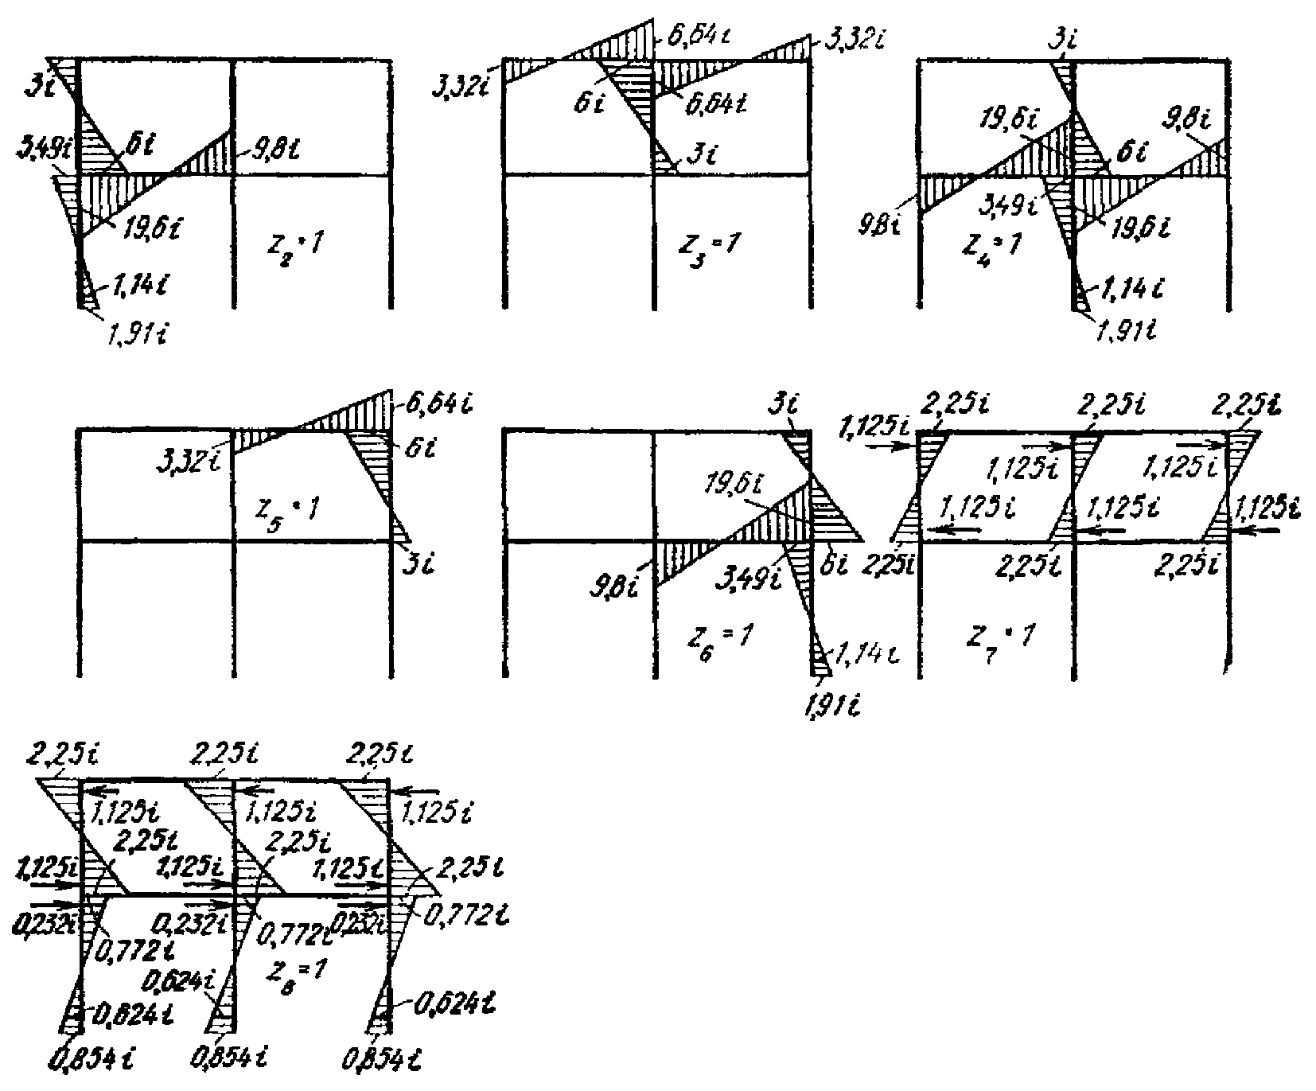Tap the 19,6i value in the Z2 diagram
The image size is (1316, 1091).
[x=154, y=231]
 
